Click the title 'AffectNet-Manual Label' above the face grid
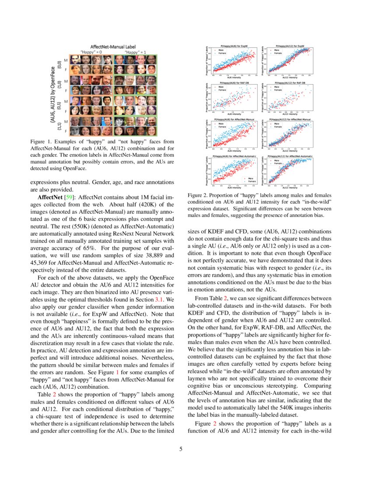[113, 46]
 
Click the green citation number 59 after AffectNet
[69, 198]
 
